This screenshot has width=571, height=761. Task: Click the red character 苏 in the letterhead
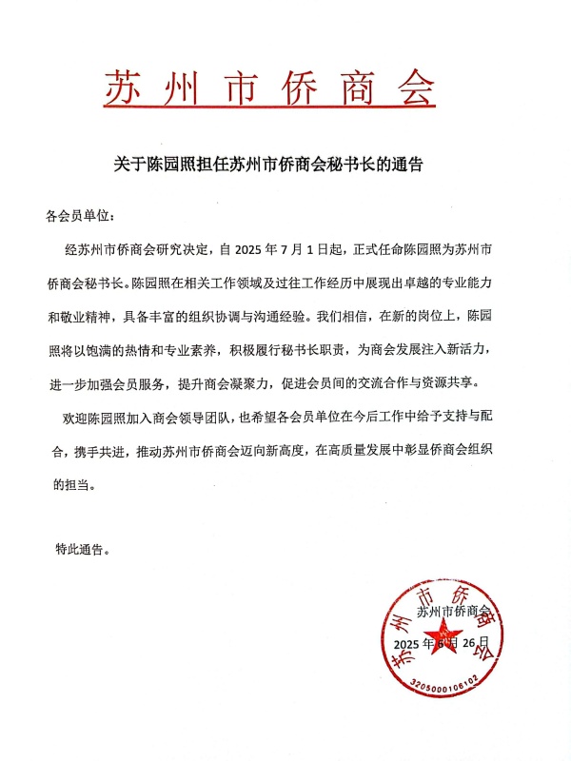pyautogui.click(x=124, y=88)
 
